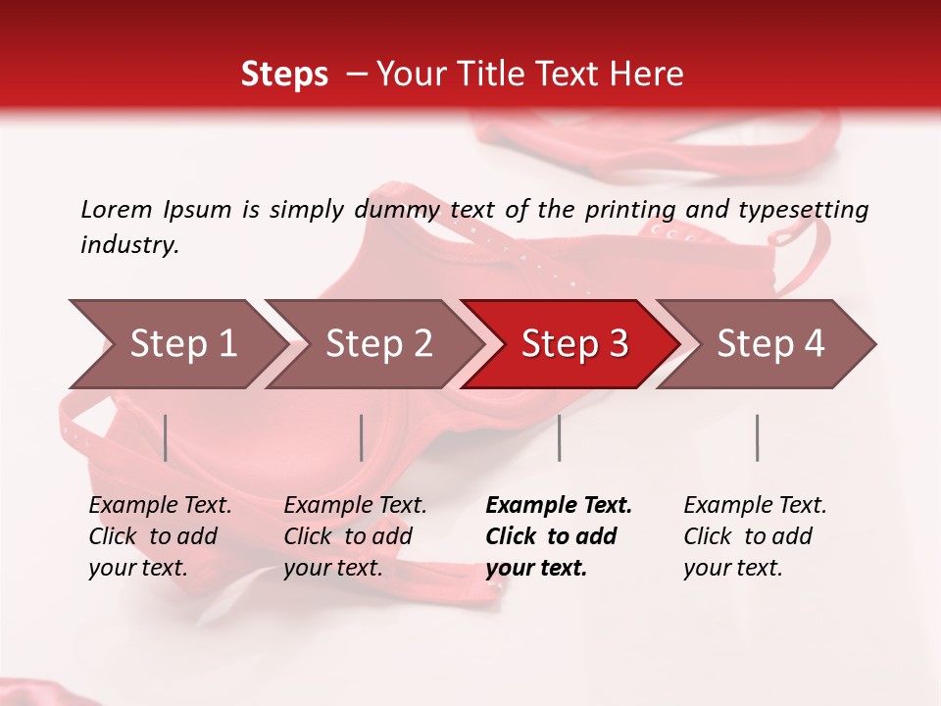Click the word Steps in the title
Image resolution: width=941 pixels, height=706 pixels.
(284, 75)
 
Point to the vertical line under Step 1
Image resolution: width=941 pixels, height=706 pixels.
(166, 437)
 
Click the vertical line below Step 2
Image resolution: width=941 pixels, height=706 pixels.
(362, 437)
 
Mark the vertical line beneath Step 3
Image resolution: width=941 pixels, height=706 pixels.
(559, 437)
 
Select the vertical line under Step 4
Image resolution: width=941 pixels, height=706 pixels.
(757, 437)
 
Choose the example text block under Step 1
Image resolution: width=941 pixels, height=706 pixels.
(160, 535)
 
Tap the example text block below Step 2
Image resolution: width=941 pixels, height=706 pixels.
(355, 535)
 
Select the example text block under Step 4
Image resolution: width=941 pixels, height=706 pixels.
(755, 535)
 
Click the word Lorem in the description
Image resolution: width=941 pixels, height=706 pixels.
(117, 210)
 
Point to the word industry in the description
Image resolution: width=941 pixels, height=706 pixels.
(129, 245)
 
